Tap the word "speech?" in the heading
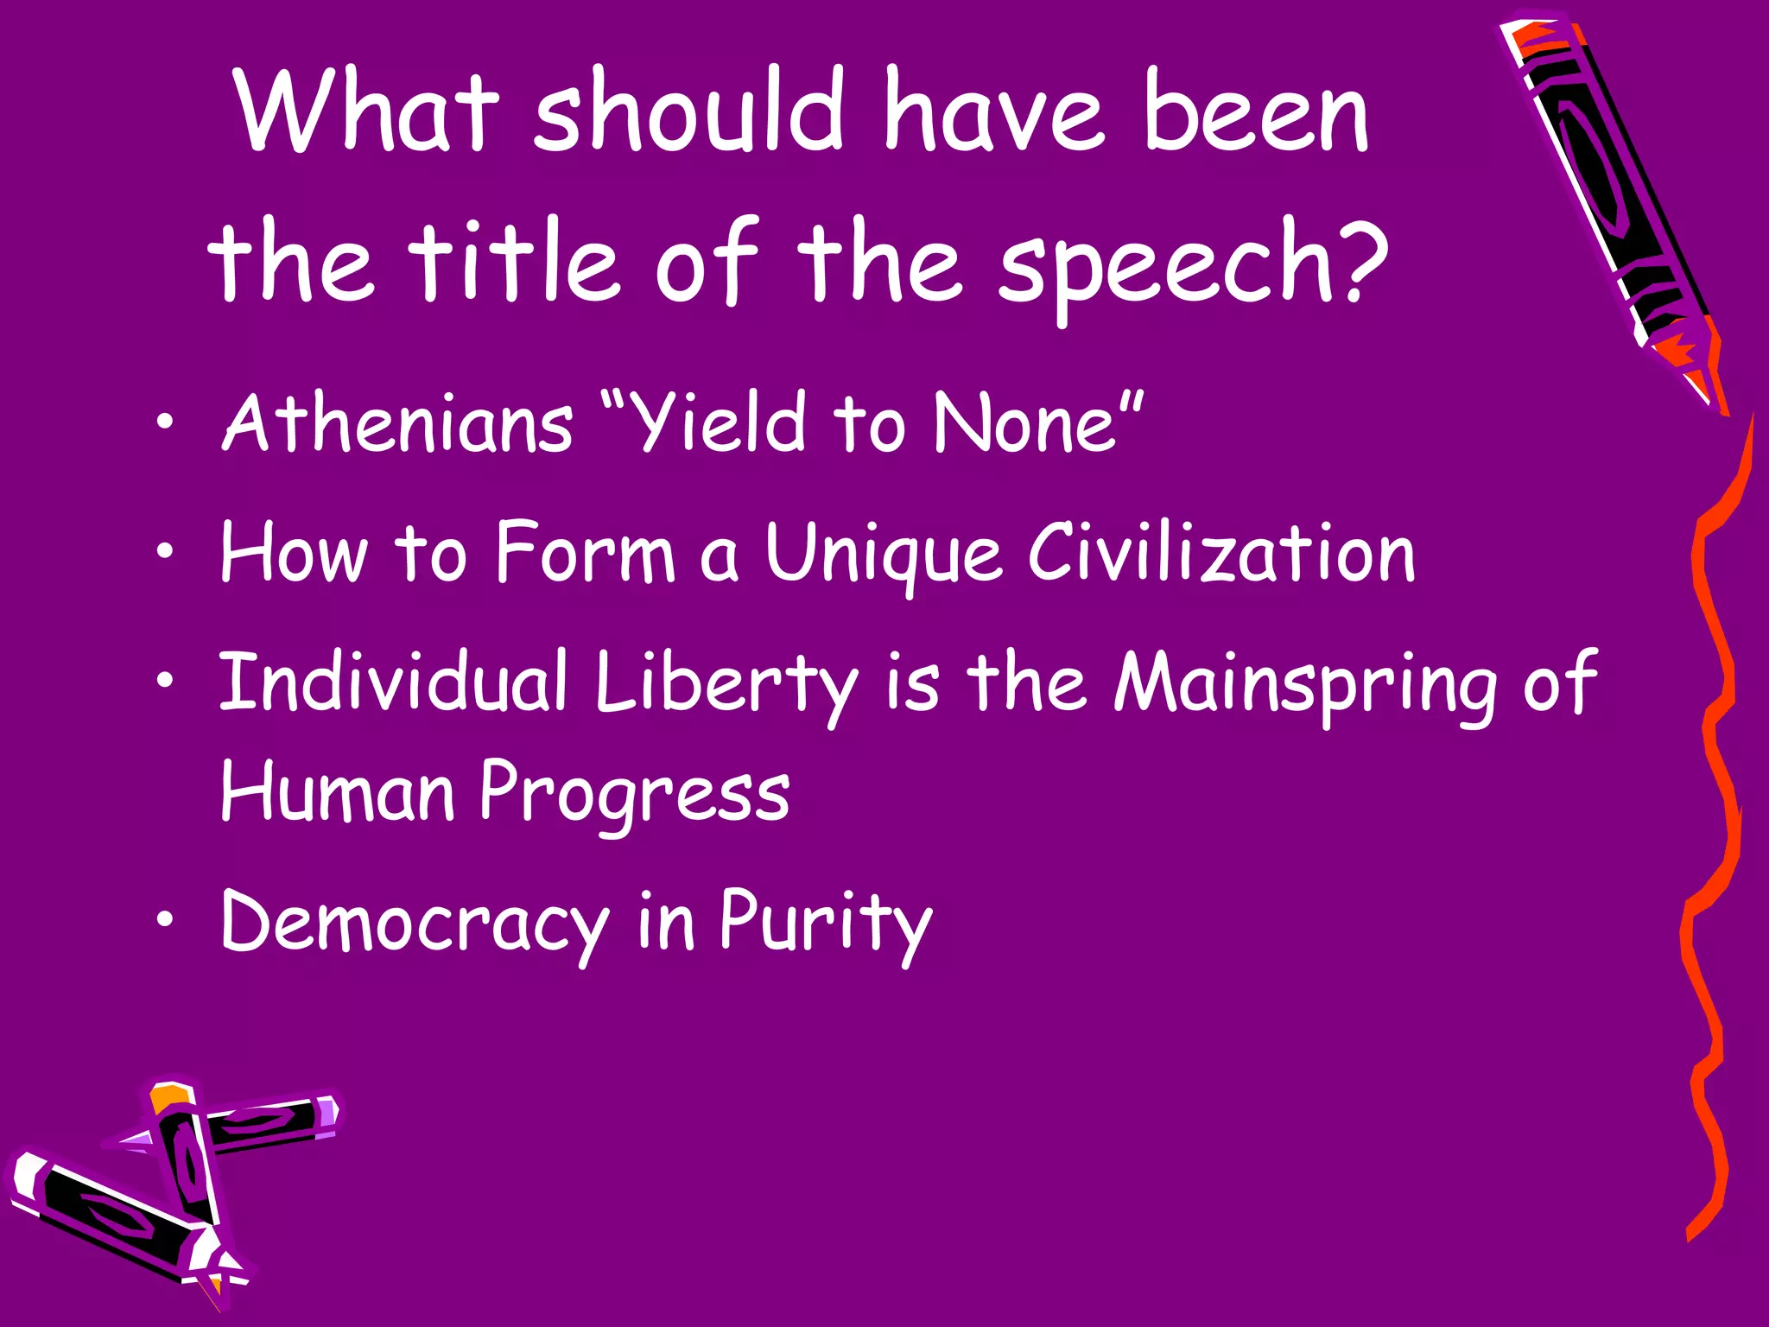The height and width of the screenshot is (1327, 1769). click(1193, 263)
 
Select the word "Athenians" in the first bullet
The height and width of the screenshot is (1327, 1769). click(397, 422)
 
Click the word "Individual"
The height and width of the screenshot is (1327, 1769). click(393, 683)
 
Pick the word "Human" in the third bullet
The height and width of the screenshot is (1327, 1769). click(337, 793)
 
